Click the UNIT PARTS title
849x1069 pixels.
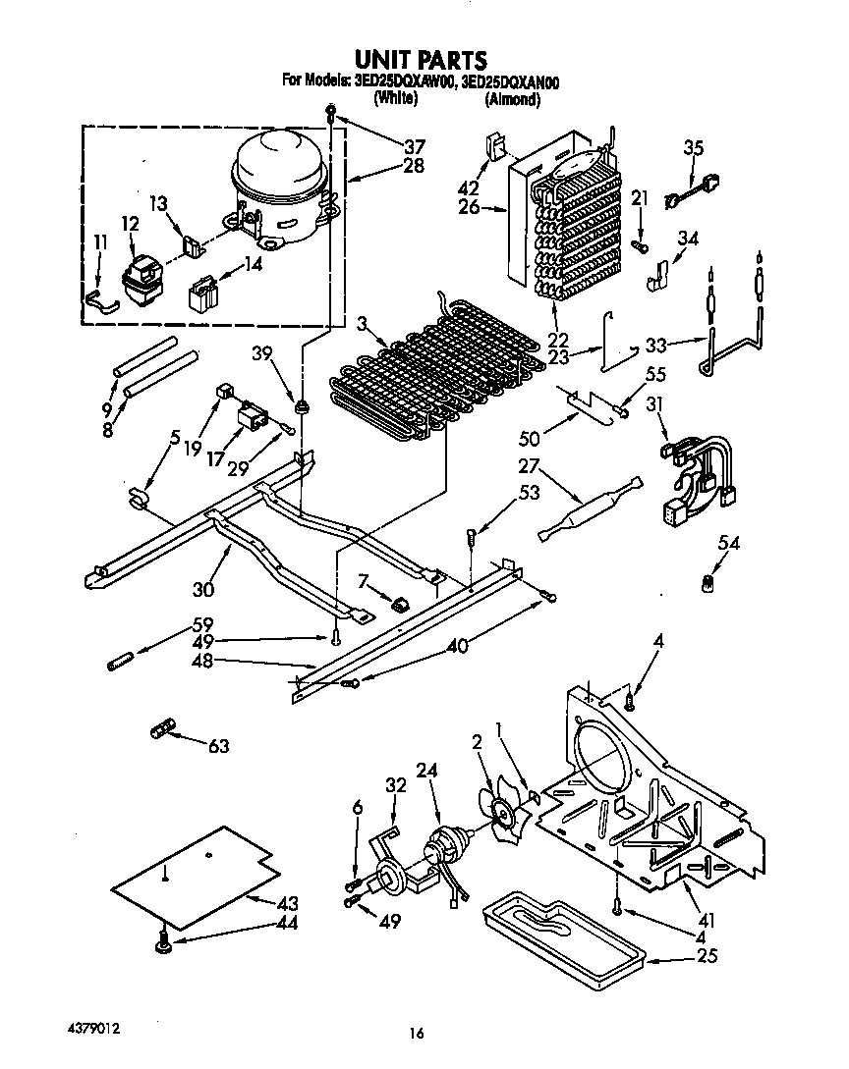pos(419,62)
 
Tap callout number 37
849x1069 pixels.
pos(414,146)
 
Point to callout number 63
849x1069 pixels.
pos(218,747)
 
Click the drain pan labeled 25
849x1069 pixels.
pos(560,933)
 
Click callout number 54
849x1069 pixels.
pos(728,543)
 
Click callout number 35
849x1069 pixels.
pos(694,149)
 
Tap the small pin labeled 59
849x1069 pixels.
pos(119,655)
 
